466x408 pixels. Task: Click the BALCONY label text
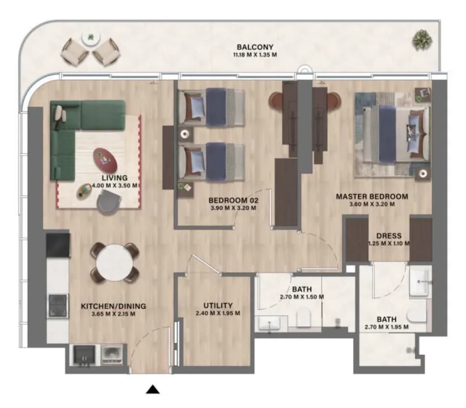[x=255, y=47]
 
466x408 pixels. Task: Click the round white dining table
[x=115, y=263]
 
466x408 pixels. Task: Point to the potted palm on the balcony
[x=422, y=40]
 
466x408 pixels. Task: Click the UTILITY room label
[x=218, y=306]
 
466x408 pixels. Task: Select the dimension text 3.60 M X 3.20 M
[x=372, y=204]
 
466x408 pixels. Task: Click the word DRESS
[x=388, y=236]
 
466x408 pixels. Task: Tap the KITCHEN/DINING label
[x=114, y=306]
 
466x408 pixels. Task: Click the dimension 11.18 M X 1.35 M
[x=255, y=55]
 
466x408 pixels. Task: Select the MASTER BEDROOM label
[x=372, y=196]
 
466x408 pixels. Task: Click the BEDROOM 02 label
[x=233, y=200]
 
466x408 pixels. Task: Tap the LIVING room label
[x=115, y=178]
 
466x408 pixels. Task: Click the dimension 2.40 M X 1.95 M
[x=218, y=313]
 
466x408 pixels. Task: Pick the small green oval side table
[x=84, y=191]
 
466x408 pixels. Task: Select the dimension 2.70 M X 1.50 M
[x=302, y=297]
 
